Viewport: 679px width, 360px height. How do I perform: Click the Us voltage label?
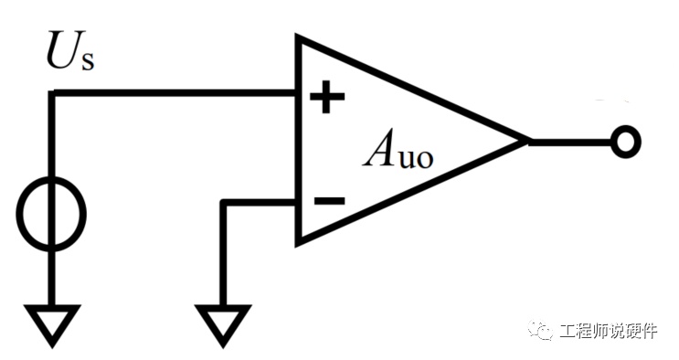70,50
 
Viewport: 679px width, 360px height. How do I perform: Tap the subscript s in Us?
87,59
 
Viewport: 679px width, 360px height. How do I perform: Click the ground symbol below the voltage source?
52,325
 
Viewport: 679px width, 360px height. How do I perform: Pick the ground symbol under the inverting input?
223,325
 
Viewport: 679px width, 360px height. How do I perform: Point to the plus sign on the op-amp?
327,97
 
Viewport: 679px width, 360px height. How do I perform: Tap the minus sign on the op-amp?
329,201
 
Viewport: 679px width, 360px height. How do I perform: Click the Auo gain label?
398,148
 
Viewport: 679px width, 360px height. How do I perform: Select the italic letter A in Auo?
378,147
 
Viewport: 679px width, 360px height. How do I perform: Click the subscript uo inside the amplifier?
415,158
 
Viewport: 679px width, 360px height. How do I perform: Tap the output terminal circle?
625,142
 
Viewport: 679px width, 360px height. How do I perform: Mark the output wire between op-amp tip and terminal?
570,142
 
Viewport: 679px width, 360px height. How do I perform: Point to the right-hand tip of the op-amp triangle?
529,142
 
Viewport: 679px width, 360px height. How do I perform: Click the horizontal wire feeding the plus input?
174,93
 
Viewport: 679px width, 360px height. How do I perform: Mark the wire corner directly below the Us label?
52,93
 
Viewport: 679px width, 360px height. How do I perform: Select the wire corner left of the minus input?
224,202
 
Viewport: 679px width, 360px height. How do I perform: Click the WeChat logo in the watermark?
540,330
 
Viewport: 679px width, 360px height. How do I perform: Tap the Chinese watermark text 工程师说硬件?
608,331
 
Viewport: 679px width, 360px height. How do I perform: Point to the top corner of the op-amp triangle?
299,37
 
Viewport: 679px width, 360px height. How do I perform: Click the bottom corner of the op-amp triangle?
299,244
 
